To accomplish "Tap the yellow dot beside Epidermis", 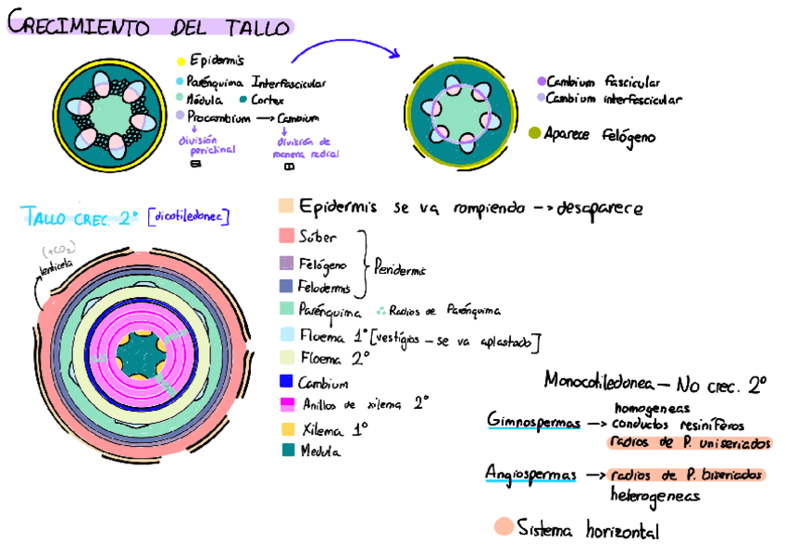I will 181,60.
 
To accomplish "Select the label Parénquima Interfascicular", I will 255,82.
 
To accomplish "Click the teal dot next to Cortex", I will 243,99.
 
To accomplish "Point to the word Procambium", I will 218,117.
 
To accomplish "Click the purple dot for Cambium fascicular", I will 541,81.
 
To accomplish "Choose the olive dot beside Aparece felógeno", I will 534,134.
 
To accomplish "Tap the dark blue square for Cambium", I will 285,382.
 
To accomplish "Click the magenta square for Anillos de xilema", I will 285,404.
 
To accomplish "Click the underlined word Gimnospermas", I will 532,421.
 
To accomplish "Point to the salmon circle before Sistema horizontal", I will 504,527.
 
